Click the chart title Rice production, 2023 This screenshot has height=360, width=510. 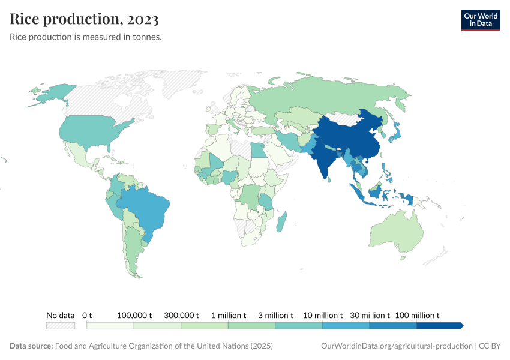(85, 19)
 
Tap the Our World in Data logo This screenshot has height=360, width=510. (480, 20)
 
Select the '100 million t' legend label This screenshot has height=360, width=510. (417, 315)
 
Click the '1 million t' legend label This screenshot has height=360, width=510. (228, 315)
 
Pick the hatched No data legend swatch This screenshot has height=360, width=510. (61, 325)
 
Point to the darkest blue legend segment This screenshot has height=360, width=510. (439, 325)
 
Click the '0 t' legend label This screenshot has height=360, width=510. (87, 315)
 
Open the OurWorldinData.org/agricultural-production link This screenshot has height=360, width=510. (397, 346)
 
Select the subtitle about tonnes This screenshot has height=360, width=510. (86, 37)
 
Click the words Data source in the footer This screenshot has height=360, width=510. (31, 346)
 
